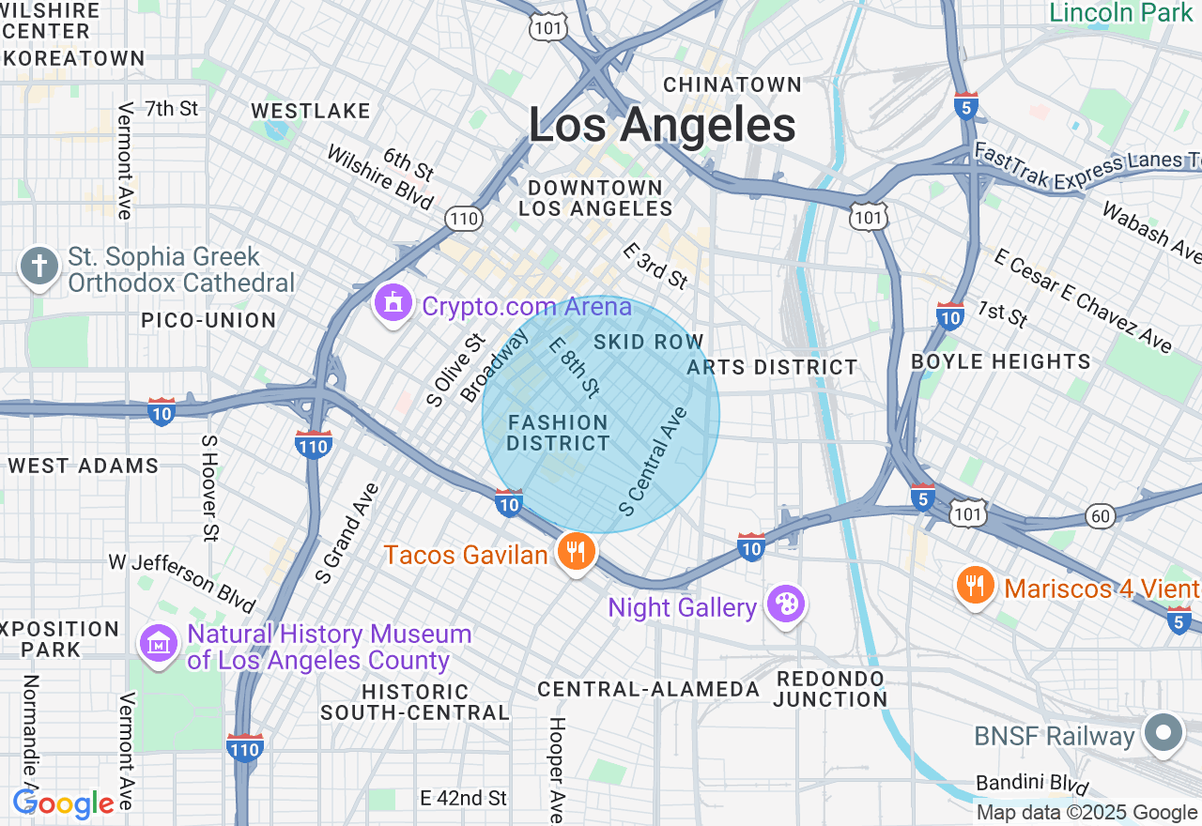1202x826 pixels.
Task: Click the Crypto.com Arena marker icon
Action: pyautogui.click(x=393, y=304)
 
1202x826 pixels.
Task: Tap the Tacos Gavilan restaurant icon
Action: pyautogui.click(x=575, y=552)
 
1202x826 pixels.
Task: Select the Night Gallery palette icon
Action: pyautogui.click(x=783, y=604)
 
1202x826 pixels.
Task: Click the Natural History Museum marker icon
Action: pyautogui.click(x=159, y=645)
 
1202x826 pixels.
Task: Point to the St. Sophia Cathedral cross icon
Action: pyautogui.click(x=39, y=267)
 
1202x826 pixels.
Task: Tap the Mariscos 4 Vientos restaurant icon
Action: pyautogui.click(x=976, y=586)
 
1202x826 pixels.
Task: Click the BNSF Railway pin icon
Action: pyautogui.click(x=1164, y=733)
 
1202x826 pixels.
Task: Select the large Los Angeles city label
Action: pyautogui.click(x=662, y=125)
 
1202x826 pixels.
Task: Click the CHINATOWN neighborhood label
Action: pyautogui.click(x=732, y=84)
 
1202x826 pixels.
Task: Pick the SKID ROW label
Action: pyautogui.click(x=649, y=342)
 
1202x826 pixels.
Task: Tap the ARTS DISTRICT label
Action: pyautogui.click(x=772, y=367)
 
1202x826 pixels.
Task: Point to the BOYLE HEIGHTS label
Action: pyautogui.click(x=1001, y=361)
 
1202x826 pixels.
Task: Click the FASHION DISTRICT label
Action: pyautogui.click(x=558, y=433)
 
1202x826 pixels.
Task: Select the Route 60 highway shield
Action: pyautogui.click(x=1100, y=515)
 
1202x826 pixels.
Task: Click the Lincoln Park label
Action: pyautogui.click(x=1119, y=13)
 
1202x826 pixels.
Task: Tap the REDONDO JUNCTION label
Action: pyautogui.click(x=830, y=689)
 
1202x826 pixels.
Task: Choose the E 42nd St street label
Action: pyautogui.click(x=463, y=798)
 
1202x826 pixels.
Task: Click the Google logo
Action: pyautogui.click(x=63, y=803)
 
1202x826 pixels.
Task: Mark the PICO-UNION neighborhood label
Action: pyautogui.click(x=208, y=320)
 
